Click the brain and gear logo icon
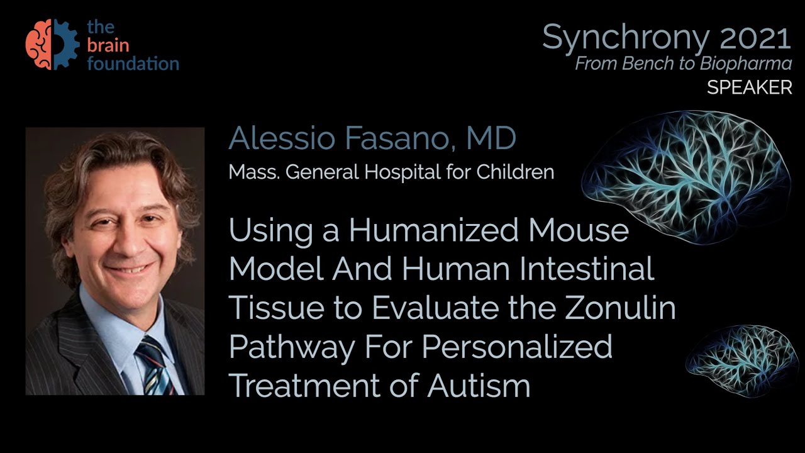(52, 44)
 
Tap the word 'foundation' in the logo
(133, 64)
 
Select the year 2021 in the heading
(755, 38)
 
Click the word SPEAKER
(750, 88)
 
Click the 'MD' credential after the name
(491, 139)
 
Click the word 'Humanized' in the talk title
(433, 231)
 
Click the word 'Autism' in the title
(479, 386)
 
